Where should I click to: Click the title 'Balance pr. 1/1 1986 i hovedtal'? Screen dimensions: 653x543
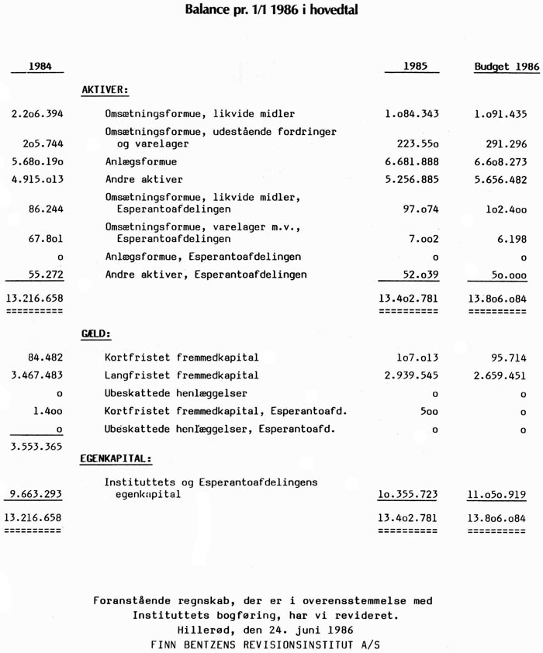pyautogui.click(x=271, y=12)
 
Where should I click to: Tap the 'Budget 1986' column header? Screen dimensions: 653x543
pyautogui.click(x=507, y=67)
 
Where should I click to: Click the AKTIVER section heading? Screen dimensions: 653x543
pyautogui.click(x=105, y=90)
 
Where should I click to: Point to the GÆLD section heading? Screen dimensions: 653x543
pyautogui.click(x=96, y=334)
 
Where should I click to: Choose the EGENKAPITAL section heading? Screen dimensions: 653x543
pyautogui.click(x=116, y=458)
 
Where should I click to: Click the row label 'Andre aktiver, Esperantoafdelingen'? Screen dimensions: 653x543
pyautogui.click(x=206, y=275)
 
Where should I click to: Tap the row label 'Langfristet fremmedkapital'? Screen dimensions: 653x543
pyautogui.click(x=182, y=375)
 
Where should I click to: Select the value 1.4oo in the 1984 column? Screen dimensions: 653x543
pyautogui.click(x=48, y=411)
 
